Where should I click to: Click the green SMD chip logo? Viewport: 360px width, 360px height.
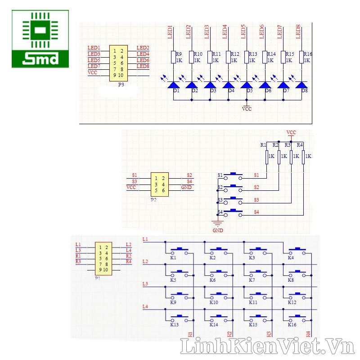tap(40, 39)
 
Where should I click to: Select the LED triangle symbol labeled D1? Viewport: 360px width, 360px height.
tap(173, 84)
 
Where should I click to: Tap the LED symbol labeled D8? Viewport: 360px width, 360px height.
tap(301, 84)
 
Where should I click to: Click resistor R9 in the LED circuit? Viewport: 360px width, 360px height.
tap(173, 57)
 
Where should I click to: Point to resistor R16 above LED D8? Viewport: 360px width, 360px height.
tap(302, 57)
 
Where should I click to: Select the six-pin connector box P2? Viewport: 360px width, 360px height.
tap(159, 184)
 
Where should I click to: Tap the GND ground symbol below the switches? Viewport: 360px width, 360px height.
tap(218, 224)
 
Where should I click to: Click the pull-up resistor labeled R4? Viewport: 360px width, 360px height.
tap(303, 156)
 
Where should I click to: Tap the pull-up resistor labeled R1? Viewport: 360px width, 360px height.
tap(267, 156)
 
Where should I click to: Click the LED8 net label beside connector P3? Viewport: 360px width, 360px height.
tap(143, 67)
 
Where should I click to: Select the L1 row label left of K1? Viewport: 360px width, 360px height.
tap(145, 239)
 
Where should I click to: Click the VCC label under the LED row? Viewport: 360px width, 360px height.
tap(247, 109)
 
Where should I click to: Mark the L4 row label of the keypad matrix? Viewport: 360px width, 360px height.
tap(145, 307)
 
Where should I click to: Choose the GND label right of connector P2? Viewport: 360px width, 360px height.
tap(186, 187)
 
